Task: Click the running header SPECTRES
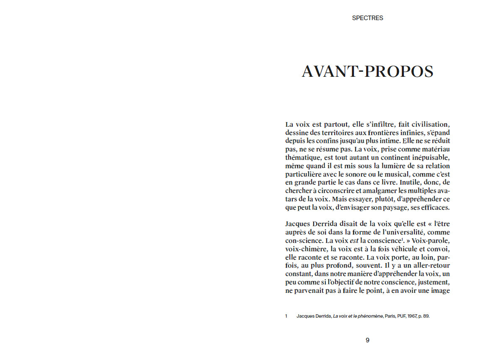(x=367, y=18)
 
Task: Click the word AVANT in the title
(x=329, y=72)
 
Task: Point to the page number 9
(x=367, y=340)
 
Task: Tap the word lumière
(x=366, y=166)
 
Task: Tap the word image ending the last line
(x=440, y=290)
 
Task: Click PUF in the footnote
(x=398, y=316)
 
